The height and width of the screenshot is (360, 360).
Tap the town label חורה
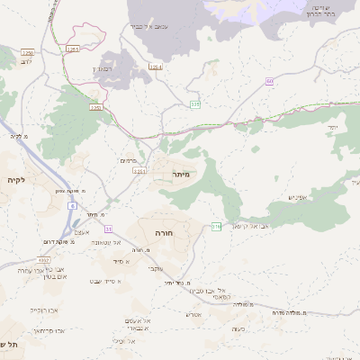pyautogui.click(x=164, y=232)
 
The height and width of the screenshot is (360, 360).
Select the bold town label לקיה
pyautogui.click(x=15, y=181)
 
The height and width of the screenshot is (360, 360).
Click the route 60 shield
pyautogui.click(x=269, y=82)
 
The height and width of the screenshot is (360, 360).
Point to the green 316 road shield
pyautogui.click(x=216, y=226)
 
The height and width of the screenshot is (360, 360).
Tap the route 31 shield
pyautogui.click(x=109, y=230)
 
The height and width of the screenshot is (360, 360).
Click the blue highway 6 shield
pyautogui.click(x=71, y=205)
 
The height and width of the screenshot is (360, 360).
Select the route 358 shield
pyautogui.click(x=195, y=104)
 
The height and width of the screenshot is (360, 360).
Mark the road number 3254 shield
pyautogui.click(x=156, y=67)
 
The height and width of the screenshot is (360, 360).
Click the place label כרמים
pyautogui.click(x=128, y=159)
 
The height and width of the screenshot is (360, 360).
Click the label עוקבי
pyautogui.click(x=156, y=268)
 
